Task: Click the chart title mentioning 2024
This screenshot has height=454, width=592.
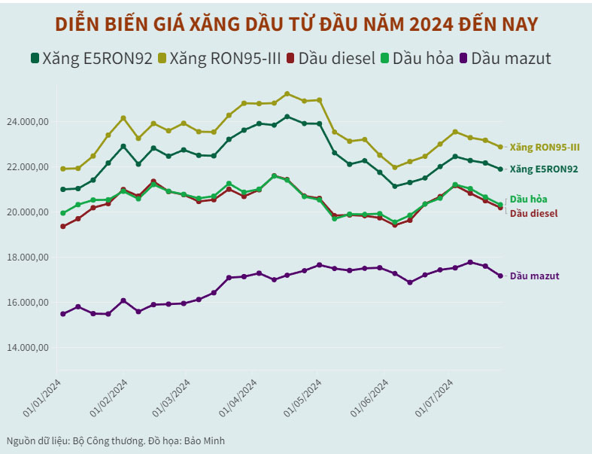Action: click(x=296, y=24)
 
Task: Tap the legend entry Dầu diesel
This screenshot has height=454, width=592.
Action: click(x=335, y=58)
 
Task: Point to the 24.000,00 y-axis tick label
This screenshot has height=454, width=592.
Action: click(x=27, y=122)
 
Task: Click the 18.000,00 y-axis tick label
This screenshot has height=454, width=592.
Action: click(x=27, y=257)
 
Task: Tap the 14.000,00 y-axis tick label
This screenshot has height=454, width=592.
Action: click(x=27, y=348)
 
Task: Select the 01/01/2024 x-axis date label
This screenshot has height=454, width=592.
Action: click(x=44, y=397)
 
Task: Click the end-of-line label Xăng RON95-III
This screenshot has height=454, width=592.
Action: click(x=544, y=148)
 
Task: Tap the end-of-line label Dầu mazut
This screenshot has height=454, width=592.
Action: click(x=534, y=276)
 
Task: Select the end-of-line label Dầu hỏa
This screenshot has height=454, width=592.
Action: click(x=528, y=200)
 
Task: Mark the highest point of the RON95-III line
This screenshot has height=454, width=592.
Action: click(x=287, y=94)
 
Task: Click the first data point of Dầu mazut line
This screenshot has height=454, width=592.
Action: click(x=63, y=314)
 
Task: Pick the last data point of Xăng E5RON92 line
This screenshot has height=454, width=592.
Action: click(x=500, y=169)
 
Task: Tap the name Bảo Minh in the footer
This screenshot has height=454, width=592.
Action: click(x=203, y=441)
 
